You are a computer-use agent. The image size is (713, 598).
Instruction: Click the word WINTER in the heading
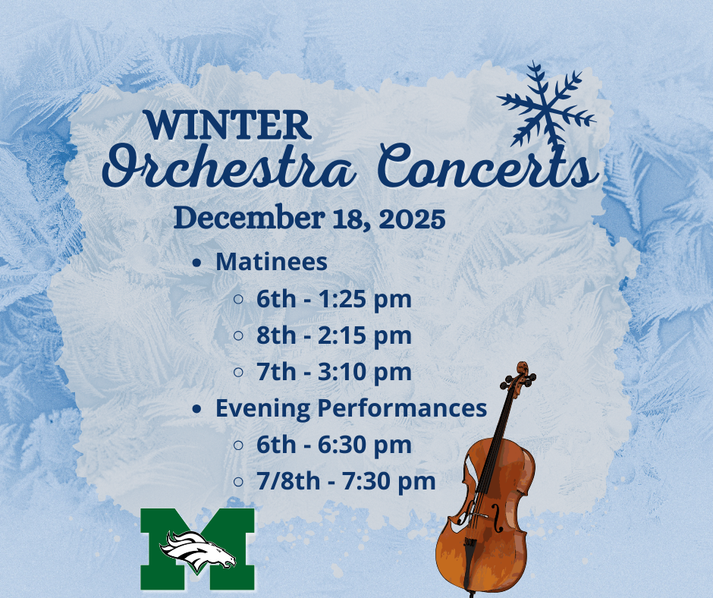tap(228, 124)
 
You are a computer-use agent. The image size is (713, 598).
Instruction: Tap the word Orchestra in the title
tap(228, 168)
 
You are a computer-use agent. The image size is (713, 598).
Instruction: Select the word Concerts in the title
tap(486, 168)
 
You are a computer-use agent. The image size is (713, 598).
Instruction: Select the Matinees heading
tap(272, 262)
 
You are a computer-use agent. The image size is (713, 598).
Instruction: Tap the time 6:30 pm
tap(367, 445)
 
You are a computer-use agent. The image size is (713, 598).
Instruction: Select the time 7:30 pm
tap(391, 481)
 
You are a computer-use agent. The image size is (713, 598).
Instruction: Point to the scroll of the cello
tap(521, 376)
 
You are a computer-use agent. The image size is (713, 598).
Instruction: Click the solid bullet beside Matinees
tap(197, 263)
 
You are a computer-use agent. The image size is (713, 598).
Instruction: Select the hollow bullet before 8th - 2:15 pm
tap(238, 335)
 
